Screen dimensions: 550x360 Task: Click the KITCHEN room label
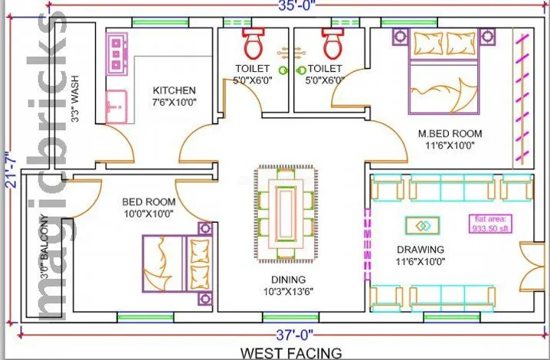click(175, 90)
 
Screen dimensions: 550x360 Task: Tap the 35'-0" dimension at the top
click(296, 5)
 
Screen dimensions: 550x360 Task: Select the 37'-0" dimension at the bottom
click(294, 335)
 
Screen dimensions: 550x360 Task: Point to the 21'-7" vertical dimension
click(11, 169)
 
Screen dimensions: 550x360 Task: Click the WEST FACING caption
click(291, 353)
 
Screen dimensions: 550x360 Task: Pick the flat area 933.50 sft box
click(490, 224)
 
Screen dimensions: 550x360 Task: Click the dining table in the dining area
click(286, 214)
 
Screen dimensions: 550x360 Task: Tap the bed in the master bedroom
click(444, 73)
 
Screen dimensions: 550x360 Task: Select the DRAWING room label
click(421, 250)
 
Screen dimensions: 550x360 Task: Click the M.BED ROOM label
click(450, 133)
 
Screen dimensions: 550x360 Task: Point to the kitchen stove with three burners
click(116, 54)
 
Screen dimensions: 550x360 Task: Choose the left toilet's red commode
click(253, 44)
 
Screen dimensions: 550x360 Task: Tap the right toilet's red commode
click(333, 44)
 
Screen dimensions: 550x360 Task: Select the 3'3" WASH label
click(75, 99)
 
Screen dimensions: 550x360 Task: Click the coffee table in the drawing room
click(423, 226)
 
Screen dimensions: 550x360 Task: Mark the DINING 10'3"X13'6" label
click(288, 285)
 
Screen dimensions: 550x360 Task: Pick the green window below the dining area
click(291, 317)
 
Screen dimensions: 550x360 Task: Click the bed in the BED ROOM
click(178, 263)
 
